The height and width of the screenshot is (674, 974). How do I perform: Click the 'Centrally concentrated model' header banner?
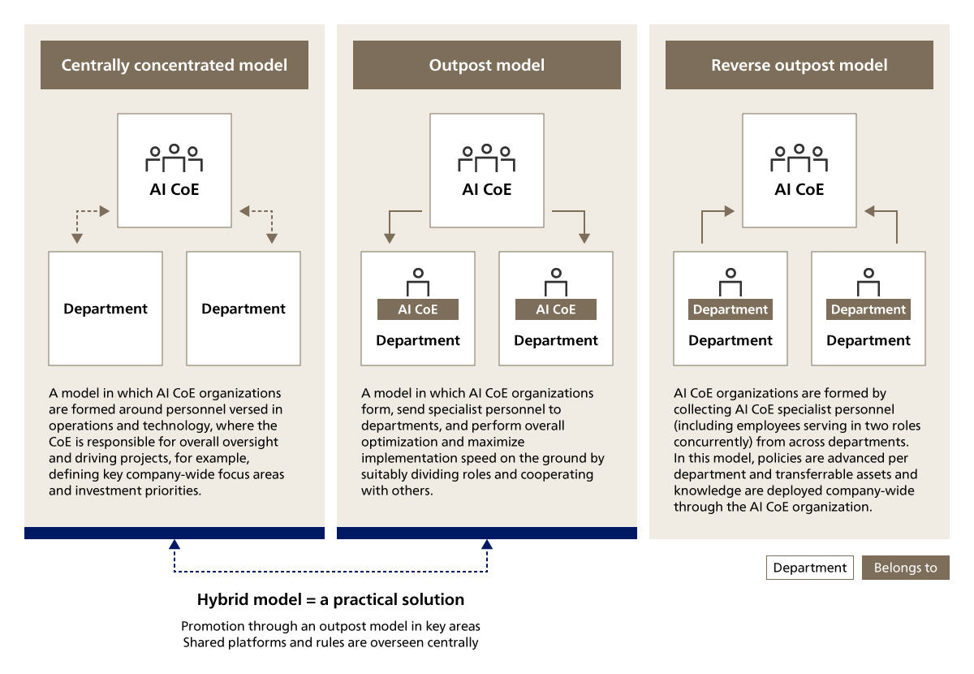pyautogui.click(x=175, y=65)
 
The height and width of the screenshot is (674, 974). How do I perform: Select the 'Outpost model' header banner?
pyautogui.click(x=487, y=65)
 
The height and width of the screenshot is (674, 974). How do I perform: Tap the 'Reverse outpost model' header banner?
pyautogui.click(x=799, y=65)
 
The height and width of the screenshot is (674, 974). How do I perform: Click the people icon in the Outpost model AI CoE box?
pyautogui.click(x=487, y=158)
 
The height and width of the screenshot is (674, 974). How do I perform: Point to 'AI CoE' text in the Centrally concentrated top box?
pyautogui.click(x=175, y=190)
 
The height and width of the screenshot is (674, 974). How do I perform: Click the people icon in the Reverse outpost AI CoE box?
pyautogui.click(x=799, y=158)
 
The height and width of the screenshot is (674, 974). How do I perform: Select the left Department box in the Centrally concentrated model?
pyautogui.click(x=106, y=309)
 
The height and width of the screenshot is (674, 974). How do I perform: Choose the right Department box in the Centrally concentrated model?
pyautogui.click(x=243, y=309)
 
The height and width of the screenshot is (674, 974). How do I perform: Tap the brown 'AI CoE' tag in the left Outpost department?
pyautogui.click(x=418, y=309)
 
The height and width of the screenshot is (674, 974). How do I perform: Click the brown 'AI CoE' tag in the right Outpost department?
pyautogui.click(x=556, y=309)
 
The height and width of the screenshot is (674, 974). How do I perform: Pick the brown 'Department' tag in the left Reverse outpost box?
pyautogui.click(x=730, y=309)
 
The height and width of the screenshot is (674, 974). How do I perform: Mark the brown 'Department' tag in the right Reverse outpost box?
pyautogui.click(x=868, y=309)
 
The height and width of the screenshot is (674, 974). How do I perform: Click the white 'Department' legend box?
pyautogui.click(x=810, y=568)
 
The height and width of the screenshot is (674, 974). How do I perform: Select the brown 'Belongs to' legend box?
pyautogui.click(x=905, y=568)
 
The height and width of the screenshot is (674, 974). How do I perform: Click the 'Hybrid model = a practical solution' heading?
pyautogui.click(x=331, y=600)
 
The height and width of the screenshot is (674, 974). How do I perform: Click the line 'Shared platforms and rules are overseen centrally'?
pyautogui.click(x=331, y=642)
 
